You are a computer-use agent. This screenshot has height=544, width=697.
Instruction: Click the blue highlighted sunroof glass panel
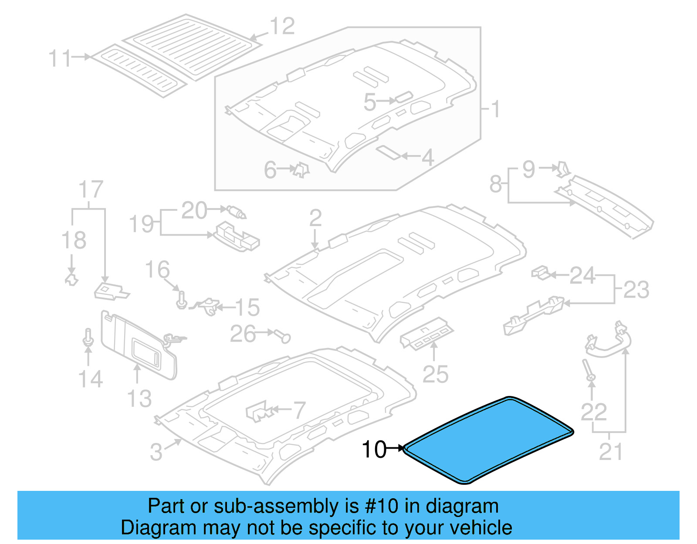(488, 440)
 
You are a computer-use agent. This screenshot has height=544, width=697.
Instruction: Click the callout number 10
(374, 449)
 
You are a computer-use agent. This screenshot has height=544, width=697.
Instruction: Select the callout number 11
(59, 58)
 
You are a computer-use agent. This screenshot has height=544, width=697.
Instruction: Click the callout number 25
(435, 374)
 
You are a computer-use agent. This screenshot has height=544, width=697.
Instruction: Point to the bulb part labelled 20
(237, 212)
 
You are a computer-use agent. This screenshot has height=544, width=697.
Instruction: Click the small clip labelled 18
(71, 279)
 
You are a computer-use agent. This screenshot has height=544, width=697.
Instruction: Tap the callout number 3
(156, 452)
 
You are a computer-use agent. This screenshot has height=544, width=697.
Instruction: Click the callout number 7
(299, 410)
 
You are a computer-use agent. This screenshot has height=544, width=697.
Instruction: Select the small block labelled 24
(540, 273)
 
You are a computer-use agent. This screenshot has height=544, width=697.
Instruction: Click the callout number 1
(495, 109)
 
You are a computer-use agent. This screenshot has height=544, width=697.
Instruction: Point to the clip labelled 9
(563, 169)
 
